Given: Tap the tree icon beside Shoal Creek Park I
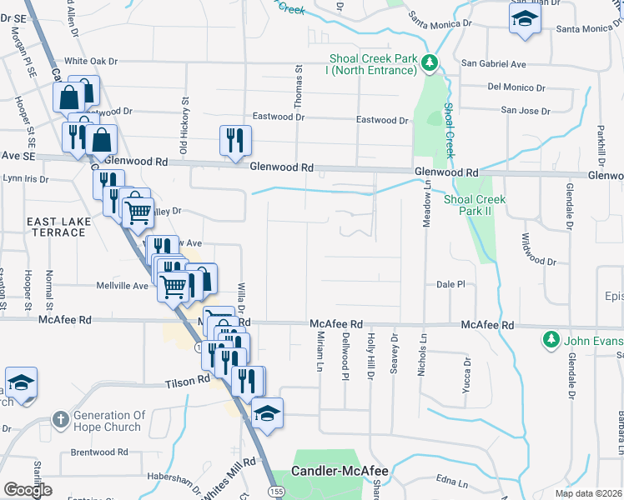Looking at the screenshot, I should pyautogui.click(x=429, y=63).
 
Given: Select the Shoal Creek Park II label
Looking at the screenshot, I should pyautogui.click(x=475, y=205).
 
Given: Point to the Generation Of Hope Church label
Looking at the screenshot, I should pyautogui.click(x=109, y=421).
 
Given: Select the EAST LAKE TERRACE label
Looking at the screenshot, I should pyautogui.click(x=56, y=226).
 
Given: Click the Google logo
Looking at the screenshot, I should pyautogui.click(x=28, y=490).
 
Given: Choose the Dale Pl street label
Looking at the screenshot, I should pyautogui.click(x=450, y=284).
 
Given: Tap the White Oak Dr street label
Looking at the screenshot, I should pyautogui.click(x=92, y=62).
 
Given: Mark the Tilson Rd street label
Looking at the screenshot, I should pyautogui.click(x=187, y=379).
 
